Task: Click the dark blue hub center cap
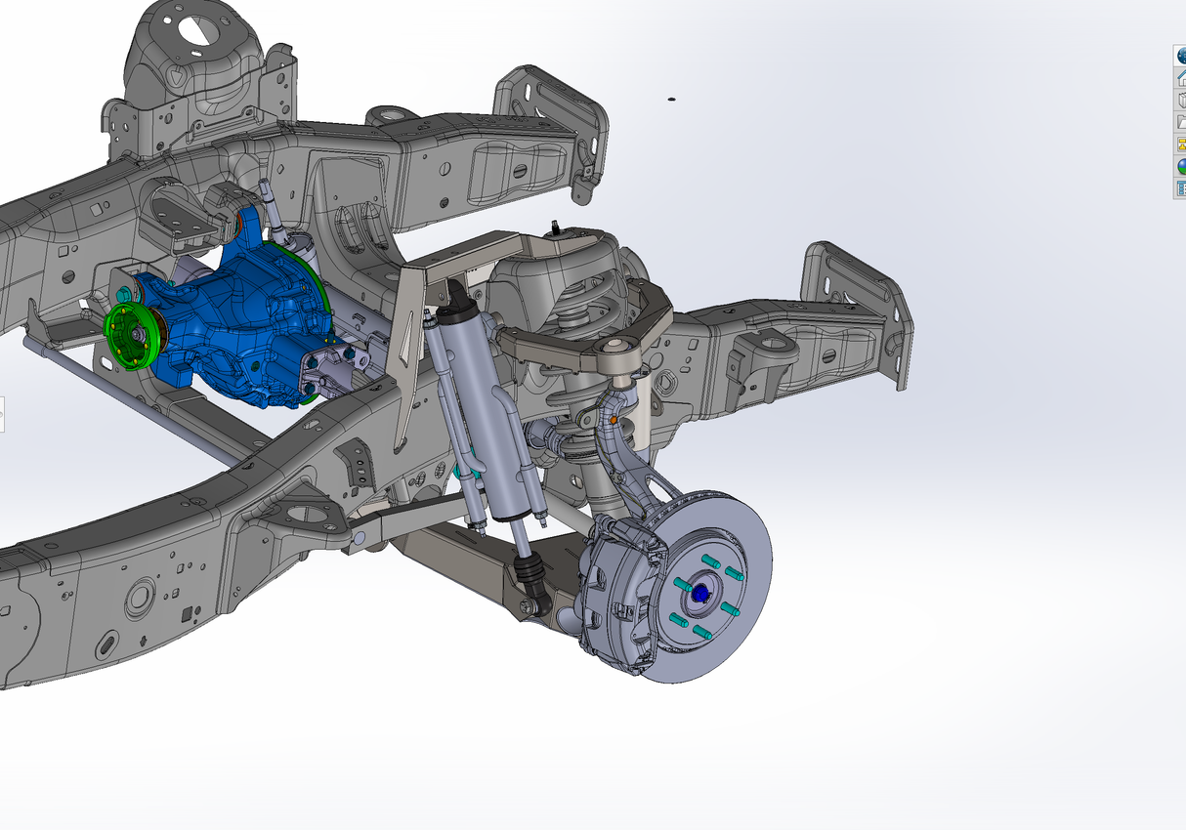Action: [699, 592]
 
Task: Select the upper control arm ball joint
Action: [618, 347]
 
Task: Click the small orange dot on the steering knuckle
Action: [614, 420]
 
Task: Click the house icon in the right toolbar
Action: [1180, 78]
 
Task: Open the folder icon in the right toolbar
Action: [1180, 122]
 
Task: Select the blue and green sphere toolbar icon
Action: [1180, 166]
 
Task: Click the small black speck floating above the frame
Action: [671, 99]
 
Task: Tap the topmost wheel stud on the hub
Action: [710, 561]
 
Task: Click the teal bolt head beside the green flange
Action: [124, 294]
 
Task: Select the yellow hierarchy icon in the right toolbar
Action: [1180, 144]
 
